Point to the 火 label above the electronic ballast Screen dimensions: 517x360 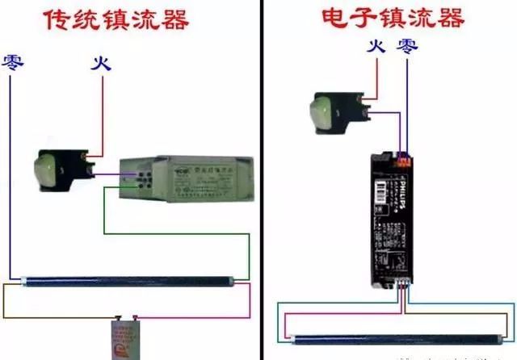(374, 47)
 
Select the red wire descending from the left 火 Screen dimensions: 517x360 (103, 113)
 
